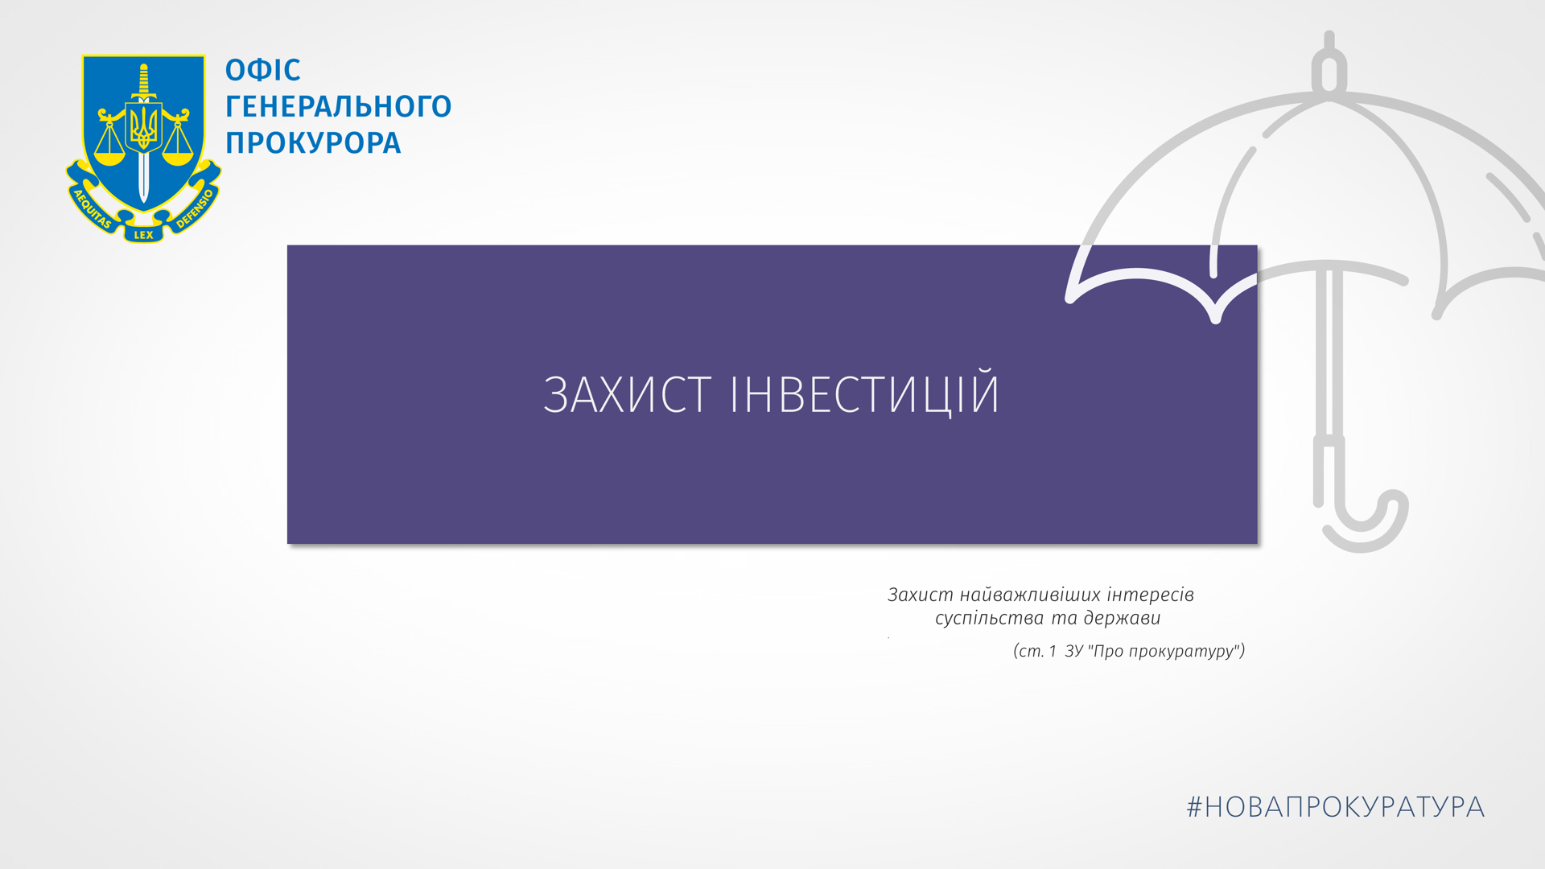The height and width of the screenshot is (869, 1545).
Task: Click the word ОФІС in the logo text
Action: [262, 70]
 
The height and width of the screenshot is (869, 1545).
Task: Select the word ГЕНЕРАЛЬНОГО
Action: [338, 106]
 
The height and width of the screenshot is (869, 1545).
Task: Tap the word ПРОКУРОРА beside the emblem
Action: [313, 142]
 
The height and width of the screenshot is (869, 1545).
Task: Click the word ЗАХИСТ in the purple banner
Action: [627, 394]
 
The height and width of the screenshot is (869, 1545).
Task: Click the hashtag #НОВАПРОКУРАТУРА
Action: [1336, 807]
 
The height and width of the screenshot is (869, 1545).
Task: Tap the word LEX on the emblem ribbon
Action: [143, 235]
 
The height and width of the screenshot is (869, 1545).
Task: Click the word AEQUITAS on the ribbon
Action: [92, 208]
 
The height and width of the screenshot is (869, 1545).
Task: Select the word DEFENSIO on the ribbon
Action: [195, 208]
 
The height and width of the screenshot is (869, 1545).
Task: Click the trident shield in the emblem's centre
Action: [144, 127]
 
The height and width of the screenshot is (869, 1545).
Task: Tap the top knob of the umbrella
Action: [1329, 64]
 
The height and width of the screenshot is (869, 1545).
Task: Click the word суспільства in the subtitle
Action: [990, 619]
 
